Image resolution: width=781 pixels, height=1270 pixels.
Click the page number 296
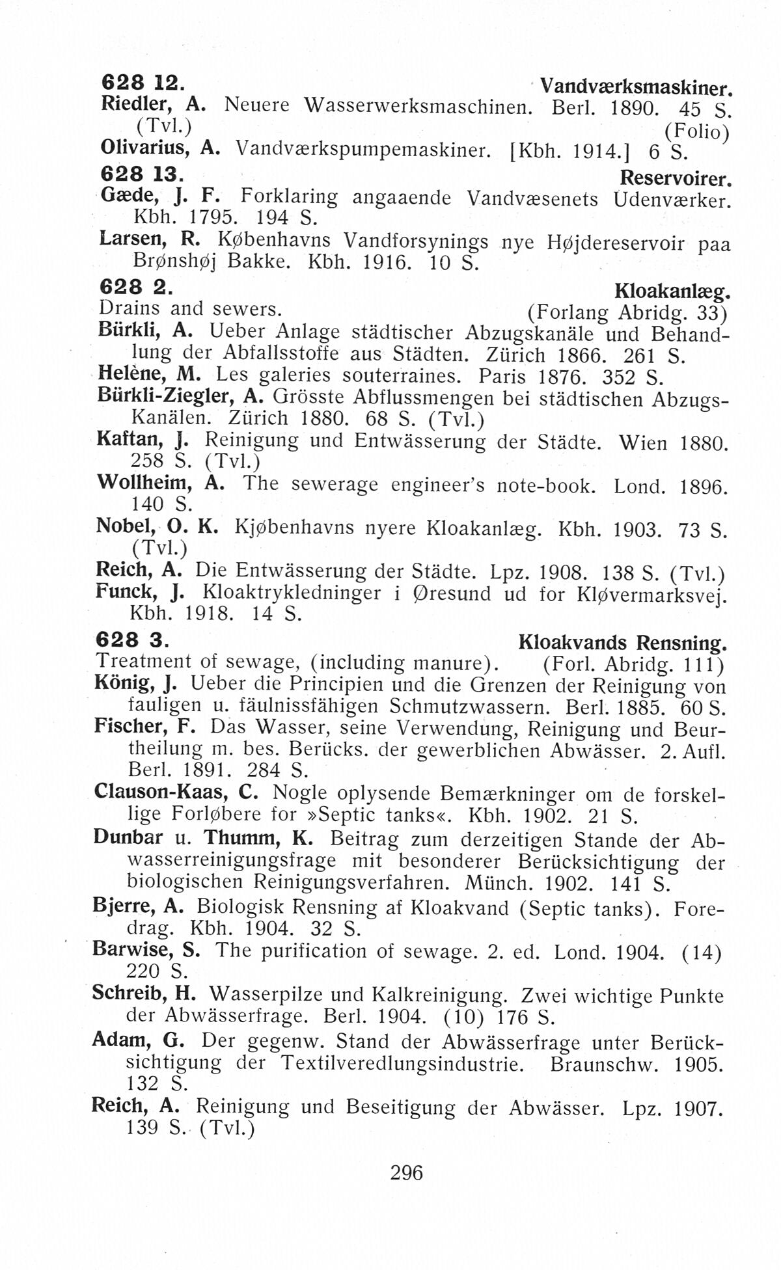[x=407, y=1172]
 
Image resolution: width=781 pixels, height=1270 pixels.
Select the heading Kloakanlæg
[x=670, y=290]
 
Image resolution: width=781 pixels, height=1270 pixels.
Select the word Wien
[x=643, y=444]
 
